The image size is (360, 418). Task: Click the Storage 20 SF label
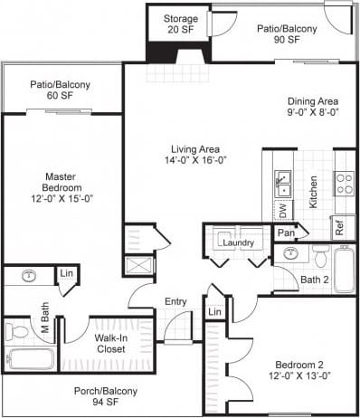tap(181, 24)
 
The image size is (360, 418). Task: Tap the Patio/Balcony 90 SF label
tap(287, 34)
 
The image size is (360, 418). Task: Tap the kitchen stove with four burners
tap(344, 184)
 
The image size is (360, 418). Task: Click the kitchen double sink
tap(282, 183)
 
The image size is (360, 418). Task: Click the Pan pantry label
tap(286, 233)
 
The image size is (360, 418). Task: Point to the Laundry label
tap(237, 242)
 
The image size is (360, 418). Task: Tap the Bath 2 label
tap(314, 280)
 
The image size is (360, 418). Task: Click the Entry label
tap(175, 302)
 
